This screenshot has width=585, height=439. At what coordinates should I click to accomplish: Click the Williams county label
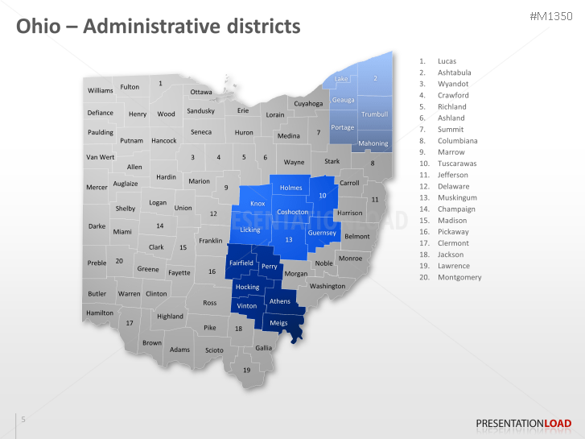(100, 90)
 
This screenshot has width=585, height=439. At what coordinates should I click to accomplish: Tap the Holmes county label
(290, 188)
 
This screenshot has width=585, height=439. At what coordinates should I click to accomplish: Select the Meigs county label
(278, 323)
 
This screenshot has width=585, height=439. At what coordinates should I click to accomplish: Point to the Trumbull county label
(374, 114)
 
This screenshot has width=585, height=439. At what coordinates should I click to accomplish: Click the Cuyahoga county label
(308, 103)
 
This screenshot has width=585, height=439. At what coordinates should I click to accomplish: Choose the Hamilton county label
(99, 313)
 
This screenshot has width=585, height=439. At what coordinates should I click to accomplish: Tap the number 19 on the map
(247, 370)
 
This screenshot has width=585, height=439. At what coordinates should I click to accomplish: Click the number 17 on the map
(129, 323)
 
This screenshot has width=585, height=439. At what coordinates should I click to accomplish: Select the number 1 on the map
(160, 83)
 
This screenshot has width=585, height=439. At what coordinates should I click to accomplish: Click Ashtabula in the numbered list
(454, 72)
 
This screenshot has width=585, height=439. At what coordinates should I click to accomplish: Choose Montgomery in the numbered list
(459, 277)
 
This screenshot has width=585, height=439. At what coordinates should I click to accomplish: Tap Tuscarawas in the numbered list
(457, 164)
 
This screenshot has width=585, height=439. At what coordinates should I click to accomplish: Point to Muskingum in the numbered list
(457, 197)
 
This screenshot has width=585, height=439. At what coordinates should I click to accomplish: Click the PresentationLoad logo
(524, 423)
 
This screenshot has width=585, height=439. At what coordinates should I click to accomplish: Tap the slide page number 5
(23, 419)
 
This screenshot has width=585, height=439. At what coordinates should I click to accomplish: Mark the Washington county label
(327, 286)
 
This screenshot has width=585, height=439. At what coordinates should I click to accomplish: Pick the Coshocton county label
(292, 212)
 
